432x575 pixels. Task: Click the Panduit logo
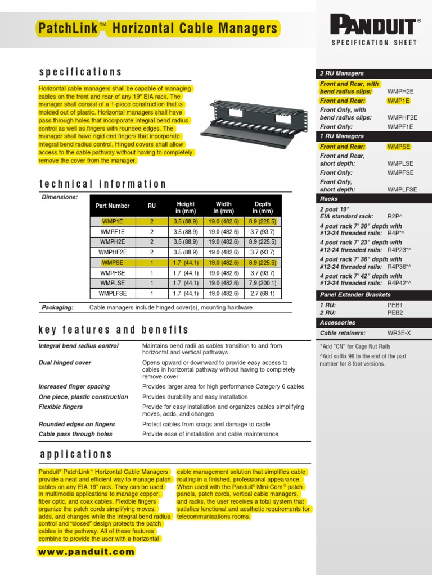pos(375,26)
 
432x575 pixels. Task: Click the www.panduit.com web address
pos(87,551)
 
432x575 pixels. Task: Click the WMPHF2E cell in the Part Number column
pos(113,252)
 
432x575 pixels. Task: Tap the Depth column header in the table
pos(262,208)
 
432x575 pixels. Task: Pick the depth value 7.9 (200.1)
pos(262,283)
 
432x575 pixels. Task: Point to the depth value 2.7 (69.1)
pos(262,293)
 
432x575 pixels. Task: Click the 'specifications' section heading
pos(80,72)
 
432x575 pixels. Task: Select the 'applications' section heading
pos(76,454)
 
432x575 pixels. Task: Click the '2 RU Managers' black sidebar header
pos(342,74)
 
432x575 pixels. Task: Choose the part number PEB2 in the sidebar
pos(395,312)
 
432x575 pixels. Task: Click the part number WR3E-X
pos(399,333)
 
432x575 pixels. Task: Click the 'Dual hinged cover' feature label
pos(65,363)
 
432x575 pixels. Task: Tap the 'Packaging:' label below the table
pos(57,308)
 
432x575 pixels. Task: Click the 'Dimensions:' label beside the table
pos(60,197)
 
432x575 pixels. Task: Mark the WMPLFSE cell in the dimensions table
pos(113,293)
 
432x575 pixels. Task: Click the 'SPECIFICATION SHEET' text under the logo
pos(374,43)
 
